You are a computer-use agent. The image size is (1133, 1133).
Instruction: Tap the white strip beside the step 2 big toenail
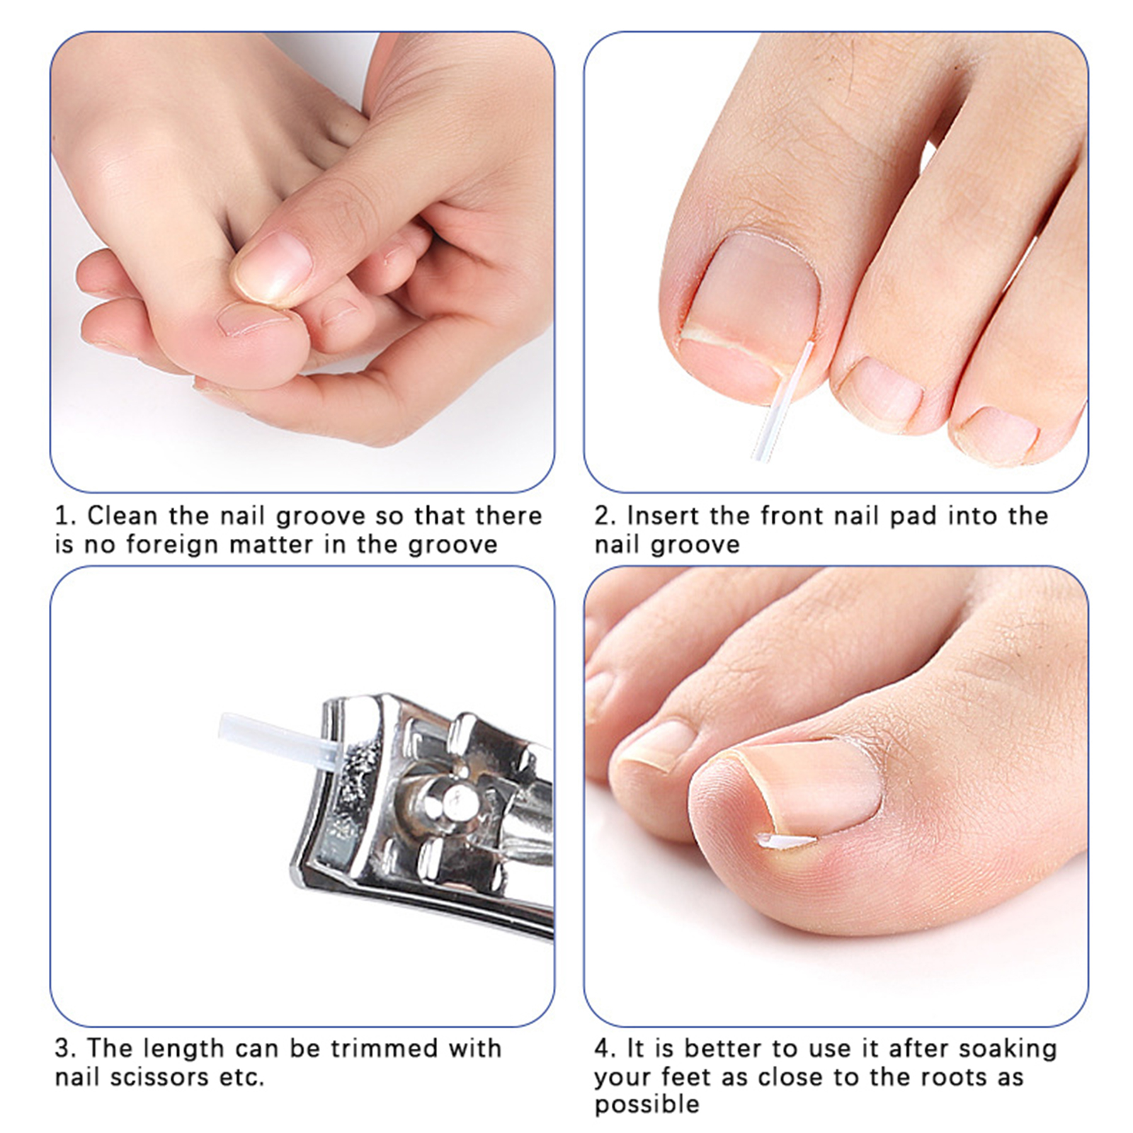coord(783,400)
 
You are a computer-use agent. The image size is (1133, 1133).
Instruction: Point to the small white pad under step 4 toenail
coord(786,841)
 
